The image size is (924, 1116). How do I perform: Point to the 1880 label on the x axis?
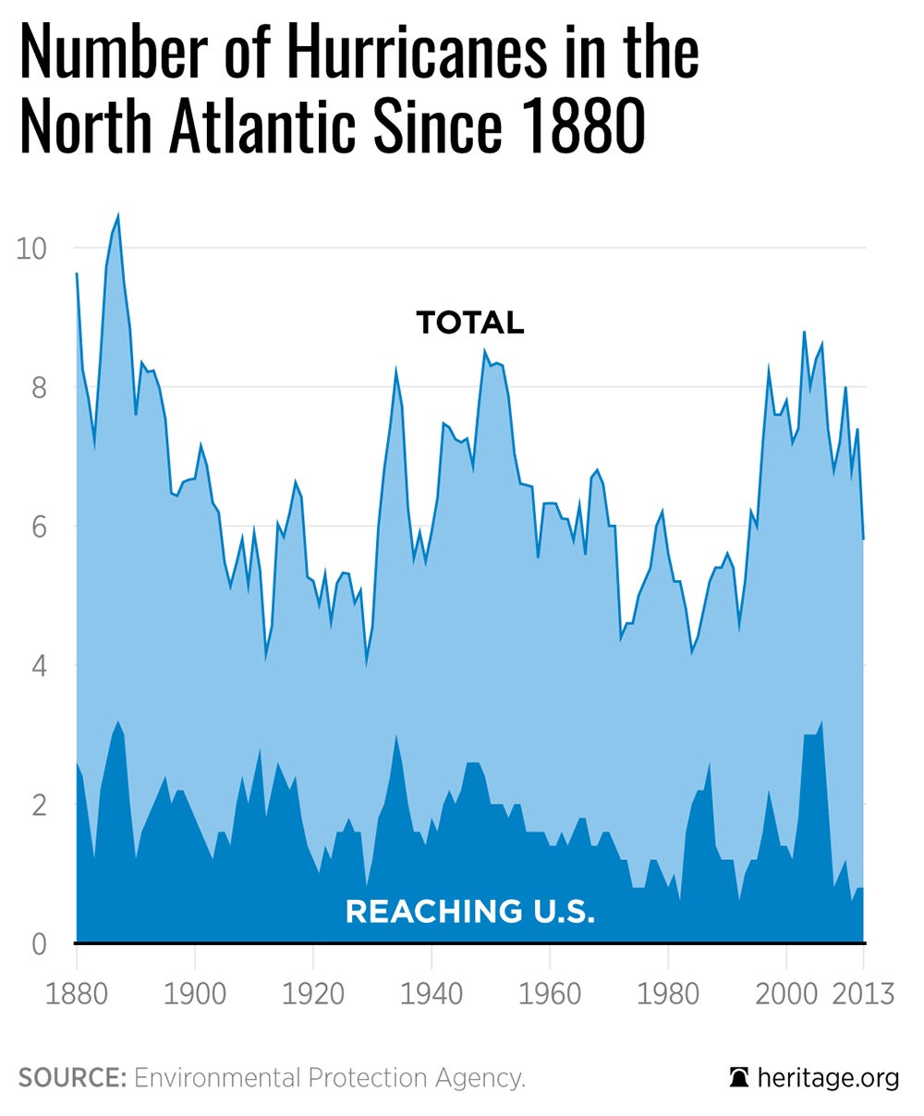(76, 994)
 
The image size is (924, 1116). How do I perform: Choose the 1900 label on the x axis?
(194, 994)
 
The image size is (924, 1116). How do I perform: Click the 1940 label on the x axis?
(431, 994)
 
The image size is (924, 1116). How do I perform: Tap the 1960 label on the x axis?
(549, 994)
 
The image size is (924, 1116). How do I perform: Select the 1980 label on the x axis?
(667, 994)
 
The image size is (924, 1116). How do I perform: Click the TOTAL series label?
(469, 322)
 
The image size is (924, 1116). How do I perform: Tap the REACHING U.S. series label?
(469, 912)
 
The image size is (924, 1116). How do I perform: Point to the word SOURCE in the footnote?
(72, 1078)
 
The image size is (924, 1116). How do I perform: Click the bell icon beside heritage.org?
(738, 1078)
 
